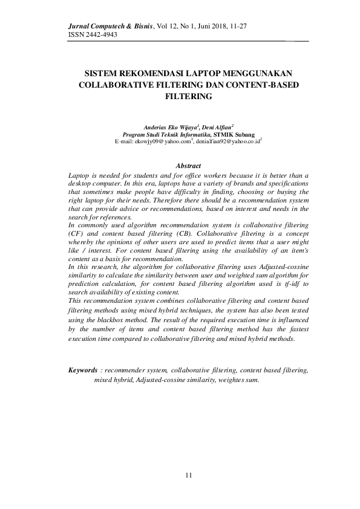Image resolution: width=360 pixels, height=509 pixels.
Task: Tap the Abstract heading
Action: tap(188, 165)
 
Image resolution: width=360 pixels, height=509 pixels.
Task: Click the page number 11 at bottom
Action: tap(188, 476)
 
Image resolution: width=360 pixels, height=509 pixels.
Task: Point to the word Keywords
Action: tap(83, 369)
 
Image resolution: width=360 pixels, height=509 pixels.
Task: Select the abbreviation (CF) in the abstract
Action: tap(78, 233)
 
